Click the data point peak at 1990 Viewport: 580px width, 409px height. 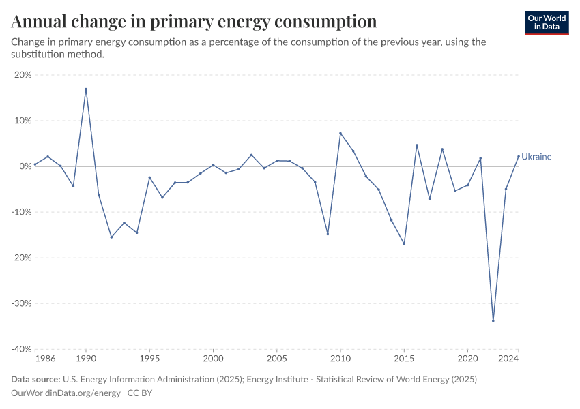coord(86,89)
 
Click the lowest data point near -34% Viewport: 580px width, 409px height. coord(493,321)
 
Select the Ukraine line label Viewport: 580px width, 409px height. coord(536,157)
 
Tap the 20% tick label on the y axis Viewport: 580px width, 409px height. coord(23,75)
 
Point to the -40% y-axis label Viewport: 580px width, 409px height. coord(21,349)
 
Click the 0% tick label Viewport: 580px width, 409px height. coord(25,166)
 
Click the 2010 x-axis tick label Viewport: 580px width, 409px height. coord(340,358)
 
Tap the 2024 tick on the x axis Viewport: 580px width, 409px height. coord(509,358)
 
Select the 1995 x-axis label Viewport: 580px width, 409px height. coord(149,358)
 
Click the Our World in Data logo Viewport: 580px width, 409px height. coord(547,22)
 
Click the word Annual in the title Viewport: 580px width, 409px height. coord(38,22)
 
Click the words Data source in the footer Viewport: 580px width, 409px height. coord(35,379)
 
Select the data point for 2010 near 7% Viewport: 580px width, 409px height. coord(340,133)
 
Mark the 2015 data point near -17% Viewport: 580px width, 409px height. coord(404,243)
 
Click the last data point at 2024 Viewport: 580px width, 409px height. coord(519,155)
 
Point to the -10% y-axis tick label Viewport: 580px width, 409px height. coord(21,212)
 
